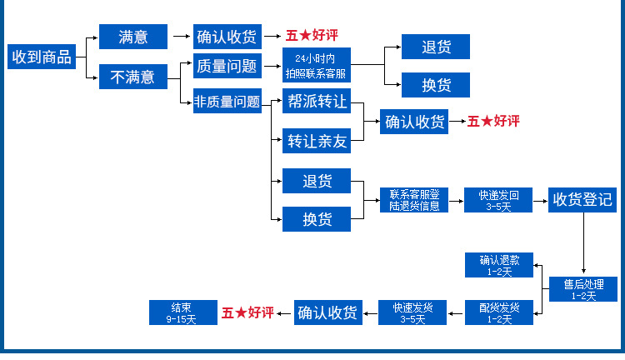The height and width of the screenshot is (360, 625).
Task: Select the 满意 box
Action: tap(132, 37)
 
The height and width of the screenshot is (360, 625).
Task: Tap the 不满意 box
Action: tap(132, 77)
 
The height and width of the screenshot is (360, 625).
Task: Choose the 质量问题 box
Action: tap(226, 65)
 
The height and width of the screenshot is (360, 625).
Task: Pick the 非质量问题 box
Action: tap(226, 102)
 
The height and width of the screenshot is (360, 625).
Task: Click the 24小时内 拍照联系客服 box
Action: tap(315, 66)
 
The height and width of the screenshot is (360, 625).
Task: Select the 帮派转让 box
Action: tap(316, 102)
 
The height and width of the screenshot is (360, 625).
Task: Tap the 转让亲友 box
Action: tap(316, 141)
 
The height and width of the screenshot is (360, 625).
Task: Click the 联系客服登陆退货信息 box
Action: tap(414, 200)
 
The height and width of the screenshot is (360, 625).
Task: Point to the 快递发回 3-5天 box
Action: tap(498, 200)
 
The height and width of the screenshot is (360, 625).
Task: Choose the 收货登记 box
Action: tap(582, 200)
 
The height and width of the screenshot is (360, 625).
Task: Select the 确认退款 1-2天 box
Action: tap(499, 264)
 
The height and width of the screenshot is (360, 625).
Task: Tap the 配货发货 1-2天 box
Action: tap(499, 312)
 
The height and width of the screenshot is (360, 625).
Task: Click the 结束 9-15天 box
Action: tap(181, 312)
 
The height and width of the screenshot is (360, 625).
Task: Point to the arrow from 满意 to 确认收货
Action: tap(181, 36)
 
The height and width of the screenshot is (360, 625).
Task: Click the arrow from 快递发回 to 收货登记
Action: tap(540, 200)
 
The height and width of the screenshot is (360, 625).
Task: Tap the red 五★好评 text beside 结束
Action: tap(247, 312)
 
